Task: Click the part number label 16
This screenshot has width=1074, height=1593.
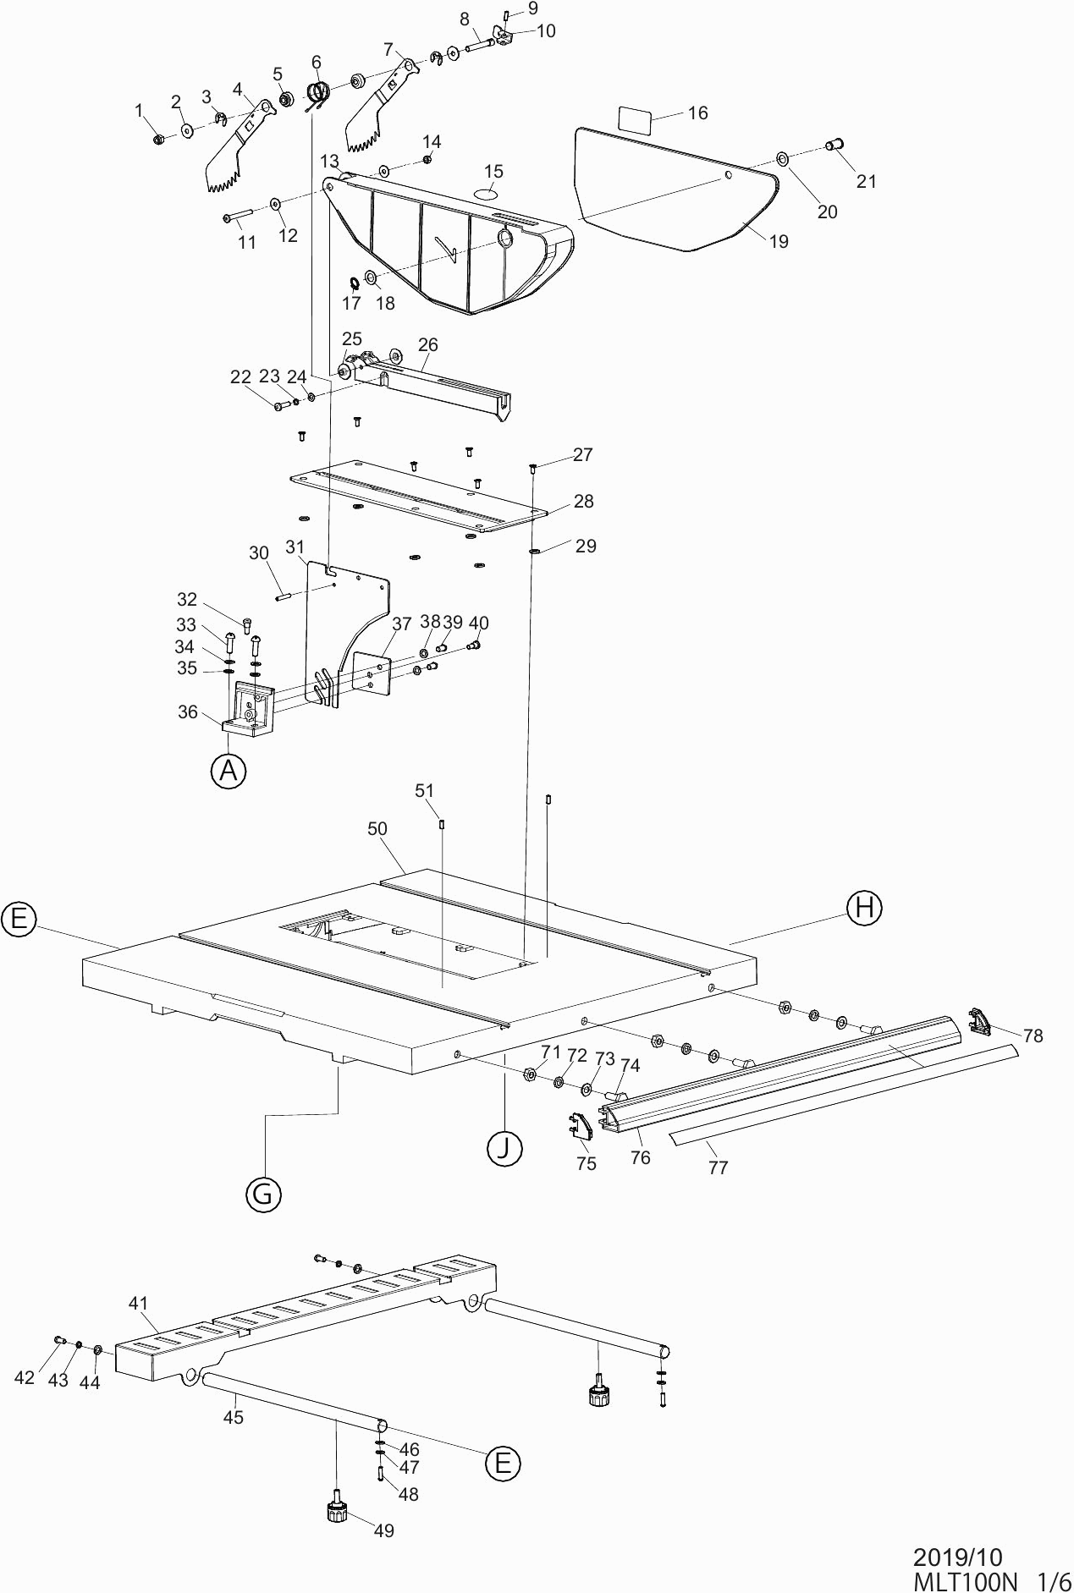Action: pos(697,113)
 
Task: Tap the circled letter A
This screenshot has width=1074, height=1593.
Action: pos(228,771)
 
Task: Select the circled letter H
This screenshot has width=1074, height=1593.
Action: pos(864,908)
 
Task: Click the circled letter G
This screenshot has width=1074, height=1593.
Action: pos(262,1194)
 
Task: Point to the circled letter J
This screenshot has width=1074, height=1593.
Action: pos(504,1148)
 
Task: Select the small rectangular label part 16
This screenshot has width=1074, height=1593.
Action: pos(635,119)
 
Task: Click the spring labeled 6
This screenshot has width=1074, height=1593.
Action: pos(317,94)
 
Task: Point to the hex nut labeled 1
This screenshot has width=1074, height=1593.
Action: pos(158,139)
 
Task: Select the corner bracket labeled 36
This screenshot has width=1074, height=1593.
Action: pos(249,709)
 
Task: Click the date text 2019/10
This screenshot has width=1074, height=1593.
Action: pos(957,1557)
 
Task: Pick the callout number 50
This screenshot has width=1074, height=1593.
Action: pos(377,829)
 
